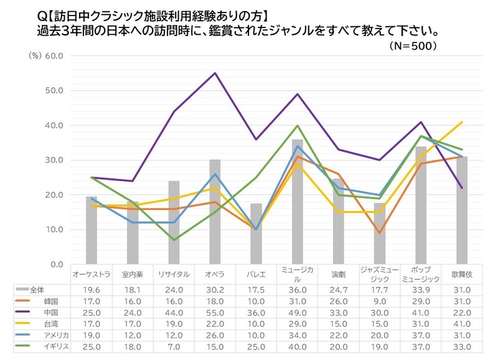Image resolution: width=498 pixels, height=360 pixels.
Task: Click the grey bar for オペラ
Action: tap(215, 212)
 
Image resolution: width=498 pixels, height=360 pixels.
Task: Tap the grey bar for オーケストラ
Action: tap(92, 230)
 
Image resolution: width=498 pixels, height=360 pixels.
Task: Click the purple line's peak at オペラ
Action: tap(215, 73)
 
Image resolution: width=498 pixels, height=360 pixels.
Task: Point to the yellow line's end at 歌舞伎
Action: tap(462, 122)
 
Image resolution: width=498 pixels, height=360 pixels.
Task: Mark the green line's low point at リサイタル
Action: tap(174, 240)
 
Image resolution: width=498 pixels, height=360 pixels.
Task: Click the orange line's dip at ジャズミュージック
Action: tap(379, 233)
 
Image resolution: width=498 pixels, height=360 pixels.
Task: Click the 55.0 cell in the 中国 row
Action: tap(215, 311)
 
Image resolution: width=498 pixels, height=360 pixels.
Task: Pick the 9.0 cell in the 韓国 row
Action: tap(379, 300)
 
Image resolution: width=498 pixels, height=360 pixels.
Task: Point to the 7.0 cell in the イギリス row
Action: tap(174, 345)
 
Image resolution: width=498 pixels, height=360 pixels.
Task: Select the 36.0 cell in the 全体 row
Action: tap(297, 289)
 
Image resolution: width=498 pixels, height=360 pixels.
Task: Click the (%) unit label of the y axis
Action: tap(35, 55)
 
